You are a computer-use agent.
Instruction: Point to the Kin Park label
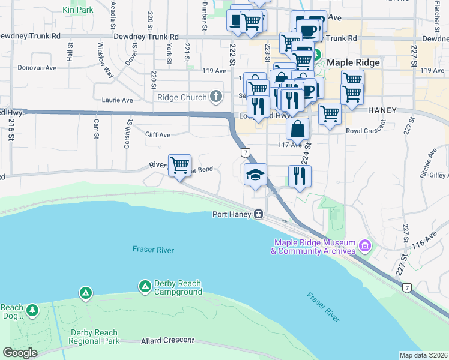77,10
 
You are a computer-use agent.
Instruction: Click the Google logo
20,352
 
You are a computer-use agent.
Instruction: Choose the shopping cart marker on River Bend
179,164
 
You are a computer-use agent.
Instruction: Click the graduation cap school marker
256,175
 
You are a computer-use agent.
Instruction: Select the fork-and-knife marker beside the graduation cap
299,176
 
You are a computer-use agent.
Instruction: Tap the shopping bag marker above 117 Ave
298,128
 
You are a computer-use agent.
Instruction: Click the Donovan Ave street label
38,68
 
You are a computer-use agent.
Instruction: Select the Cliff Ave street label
158,135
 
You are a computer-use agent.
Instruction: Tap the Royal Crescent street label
365,131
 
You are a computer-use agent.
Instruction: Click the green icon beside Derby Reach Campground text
145,287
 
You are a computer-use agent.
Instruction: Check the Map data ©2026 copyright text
423,355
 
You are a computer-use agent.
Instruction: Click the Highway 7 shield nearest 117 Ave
245,153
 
